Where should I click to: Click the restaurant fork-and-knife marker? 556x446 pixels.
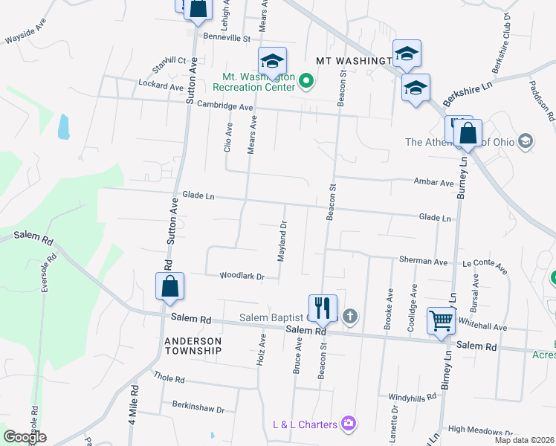point(323,307)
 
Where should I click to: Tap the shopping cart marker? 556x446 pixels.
point(442,322)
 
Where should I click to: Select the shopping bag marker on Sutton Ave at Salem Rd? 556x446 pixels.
point(170,286)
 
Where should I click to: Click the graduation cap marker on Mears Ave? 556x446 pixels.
point(272,61)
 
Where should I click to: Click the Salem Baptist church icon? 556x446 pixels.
point(350,317)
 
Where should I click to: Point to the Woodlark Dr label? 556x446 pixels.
point(242,277)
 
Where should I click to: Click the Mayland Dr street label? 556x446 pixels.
point(282,243)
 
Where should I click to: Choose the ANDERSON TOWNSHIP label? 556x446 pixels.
point(193,346)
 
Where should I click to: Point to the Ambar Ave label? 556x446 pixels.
point(433,183)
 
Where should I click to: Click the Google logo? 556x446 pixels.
point(25,436)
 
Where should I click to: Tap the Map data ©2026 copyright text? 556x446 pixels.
point(524,440)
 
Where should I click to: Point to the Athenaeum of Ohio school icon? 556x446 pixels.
point(526,141)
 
